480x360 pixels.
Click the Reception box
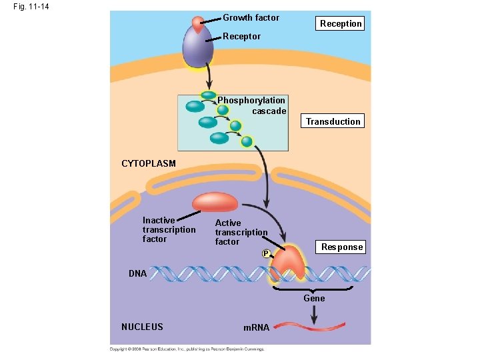(341, 23)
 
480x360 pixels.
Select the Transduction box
(333, 121)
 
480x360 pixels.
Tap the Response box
(342, 247)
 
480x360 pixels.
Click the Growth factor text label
(251, 17)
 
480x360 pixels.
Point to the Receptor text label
(241, 36)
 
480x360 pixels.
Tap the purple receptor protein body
(197, 48)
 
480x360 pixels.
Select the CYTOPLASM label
(148, 163)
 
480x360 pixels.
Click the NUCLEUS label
(142, 327)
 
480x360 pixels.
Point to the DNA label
(138, 273)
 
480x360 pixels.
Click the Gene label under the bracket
(314, 299)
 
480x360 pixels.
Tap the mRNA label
(256, 327)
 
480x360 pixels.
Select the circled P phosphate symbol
(265, 254)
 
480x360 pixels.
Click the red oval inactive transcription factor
(215, 203)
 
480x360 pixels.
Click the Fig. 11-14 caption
(30, 7)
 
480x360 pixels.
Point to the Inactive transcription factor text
(169, 229)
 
